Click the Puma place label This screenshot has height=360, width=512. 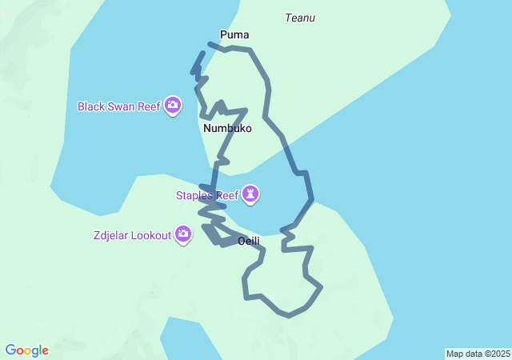234,34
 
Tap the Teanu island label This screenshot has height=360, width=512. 300,18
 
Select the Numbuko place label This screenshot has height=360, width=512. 227,128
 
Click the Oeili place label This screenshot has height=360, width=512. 249,241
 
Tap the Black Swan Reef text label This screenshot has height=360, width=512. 119,106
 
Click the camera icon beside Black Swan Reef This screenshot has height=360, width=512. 172,105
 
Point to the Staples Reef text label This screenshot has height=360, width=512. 208,194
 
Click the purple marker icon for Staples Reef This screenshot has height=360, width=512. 252,194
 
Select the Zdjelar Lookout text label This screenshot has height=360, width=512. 132,234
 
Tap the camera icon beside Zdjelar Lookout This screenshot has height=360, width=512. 183,234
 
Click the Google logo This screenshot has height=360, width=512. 26,350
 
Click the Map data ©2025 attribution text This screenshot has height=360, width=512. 478,354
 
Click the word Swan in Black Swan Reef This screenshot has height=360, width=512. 122,106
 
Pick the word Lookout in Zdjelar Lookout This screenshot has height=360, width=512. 152,234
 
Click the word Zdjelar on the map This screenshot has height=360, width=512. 111,234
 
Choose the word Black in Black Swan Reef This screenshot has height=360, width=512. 91,106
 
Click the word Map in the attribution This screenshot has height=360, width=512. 454,354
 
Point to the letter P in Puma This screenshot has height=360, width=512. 223,34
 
